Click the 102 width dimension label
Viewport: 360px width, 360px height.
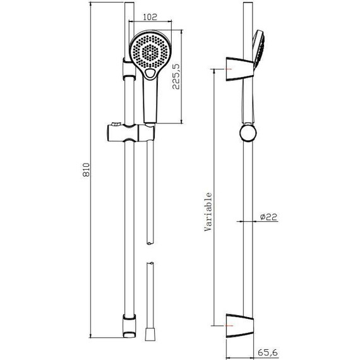click(150, 17)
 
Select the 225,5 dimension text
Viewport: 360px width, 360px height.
click(177, 76)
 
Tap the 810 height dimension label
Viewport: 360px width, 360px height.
click(86, 170)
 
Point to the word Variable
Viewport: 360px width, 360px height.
click(208, 212)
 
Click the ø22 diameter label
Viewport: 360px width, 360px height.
click(268, 217)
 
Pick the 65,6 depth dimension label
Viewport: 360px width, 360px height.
click(268, 352)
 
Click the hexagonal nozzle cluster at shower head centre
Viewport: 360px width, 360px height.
click(150, 52)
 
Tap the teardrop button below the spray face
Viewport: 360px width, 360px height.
click(150, 74)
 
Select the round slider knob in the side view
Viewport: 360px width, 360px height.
click(248, 133)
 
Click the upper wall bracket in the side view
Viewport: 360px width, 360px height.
click(240, 69)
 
